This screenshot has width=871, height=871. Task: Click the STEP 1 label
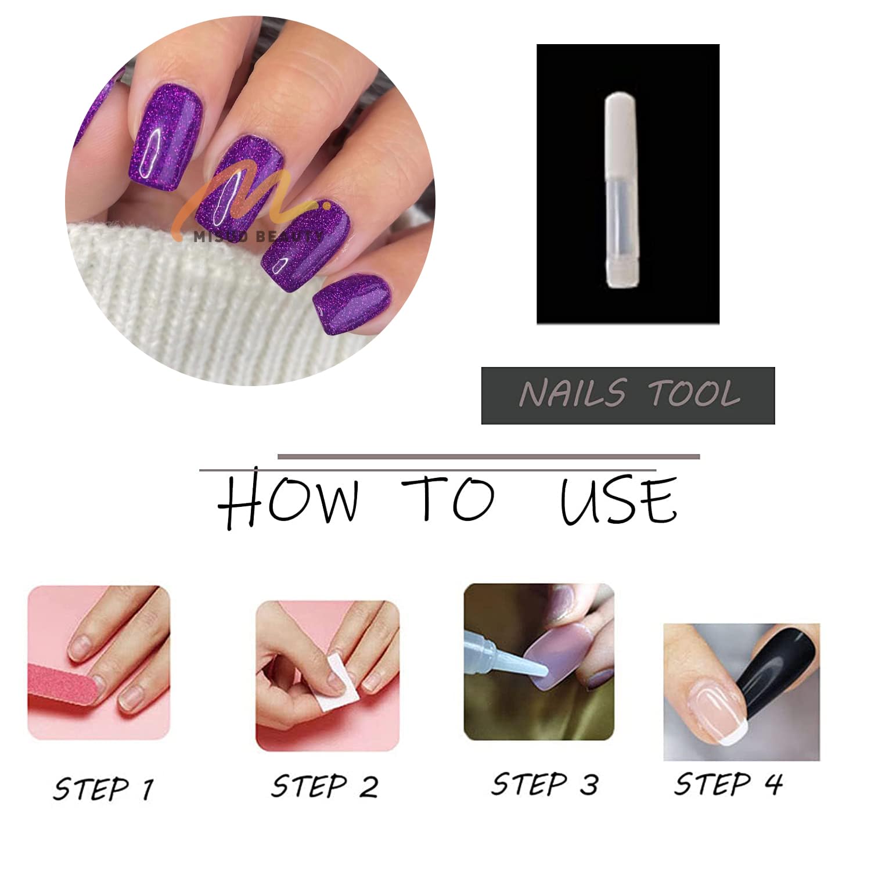103,789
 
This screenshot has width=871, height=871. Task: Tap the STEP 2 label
325,786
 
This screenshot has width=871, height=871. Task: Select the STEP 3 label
544,784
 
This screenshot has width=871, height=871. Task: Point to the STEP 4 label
728,784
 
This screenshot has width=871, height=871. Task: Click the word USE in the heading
618,501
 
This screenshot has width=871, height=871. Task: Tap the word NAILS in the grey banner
572,394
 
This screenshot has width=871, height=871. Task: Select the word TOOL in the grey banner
694,394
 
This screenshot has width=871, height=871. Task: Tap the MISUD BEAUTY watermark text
258,235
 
